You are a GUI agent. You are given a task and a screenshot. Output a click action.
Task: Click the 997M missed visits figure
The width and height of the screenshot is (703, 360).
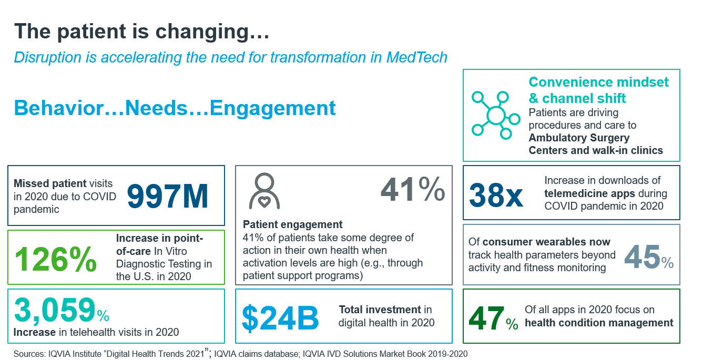168,196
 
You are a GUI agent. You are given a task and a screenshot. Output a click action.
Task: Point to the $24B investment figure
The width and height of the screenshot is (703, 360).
280,317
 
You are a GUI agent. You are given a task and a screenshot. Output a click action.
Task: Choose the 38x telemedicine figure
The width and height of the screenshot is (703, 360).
496,195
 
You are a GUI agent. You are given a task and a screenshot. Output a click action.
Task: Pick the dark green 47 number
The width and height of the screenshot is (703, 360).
486,319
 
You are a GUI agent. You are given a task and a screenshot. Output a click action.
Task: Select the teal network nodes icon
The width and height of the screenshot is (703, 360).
495,115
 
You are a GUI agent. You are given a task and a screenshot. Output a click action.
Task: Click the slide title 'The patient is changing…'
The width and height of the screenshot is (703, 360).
141,32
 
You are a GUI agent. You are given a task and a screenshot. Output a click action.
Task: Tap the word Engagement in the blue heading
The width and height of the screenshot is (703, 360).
272,108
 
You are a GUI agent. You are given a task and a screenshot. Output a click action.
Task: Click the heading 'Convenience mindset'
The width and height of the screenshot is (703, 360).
598,83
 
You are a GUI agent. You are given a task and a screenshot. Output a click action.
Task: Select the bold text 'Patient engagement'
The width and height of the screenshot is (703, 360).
292,225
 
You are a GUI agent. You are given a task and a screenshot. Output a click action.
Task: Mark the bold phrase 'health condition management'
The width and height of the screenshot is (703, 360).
599,323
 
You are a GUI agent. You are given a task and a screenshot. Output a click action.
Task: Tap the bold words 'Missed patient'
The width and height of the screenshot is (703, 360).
50,183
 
